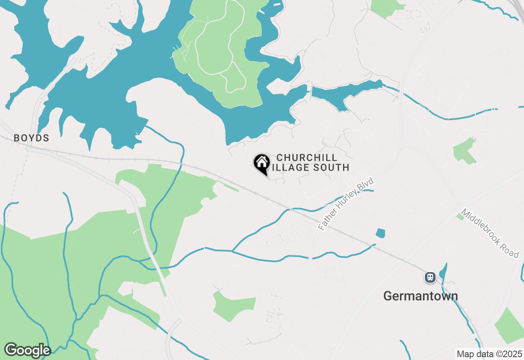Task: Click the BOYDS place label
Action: point(32,138)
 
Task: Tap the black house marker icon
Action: point(262,163)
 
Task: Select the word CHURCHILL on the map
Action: point(307,157)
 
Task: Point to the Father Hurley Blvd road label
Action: point(346,204)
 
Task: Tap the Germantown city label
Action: point(420,296)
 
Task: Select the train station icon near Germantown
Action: point(430,277)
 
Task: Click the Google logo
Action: point(27,350)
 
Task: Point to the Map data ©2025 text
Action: point(490,354)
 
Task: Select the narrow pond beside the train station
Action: point(443,272)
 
